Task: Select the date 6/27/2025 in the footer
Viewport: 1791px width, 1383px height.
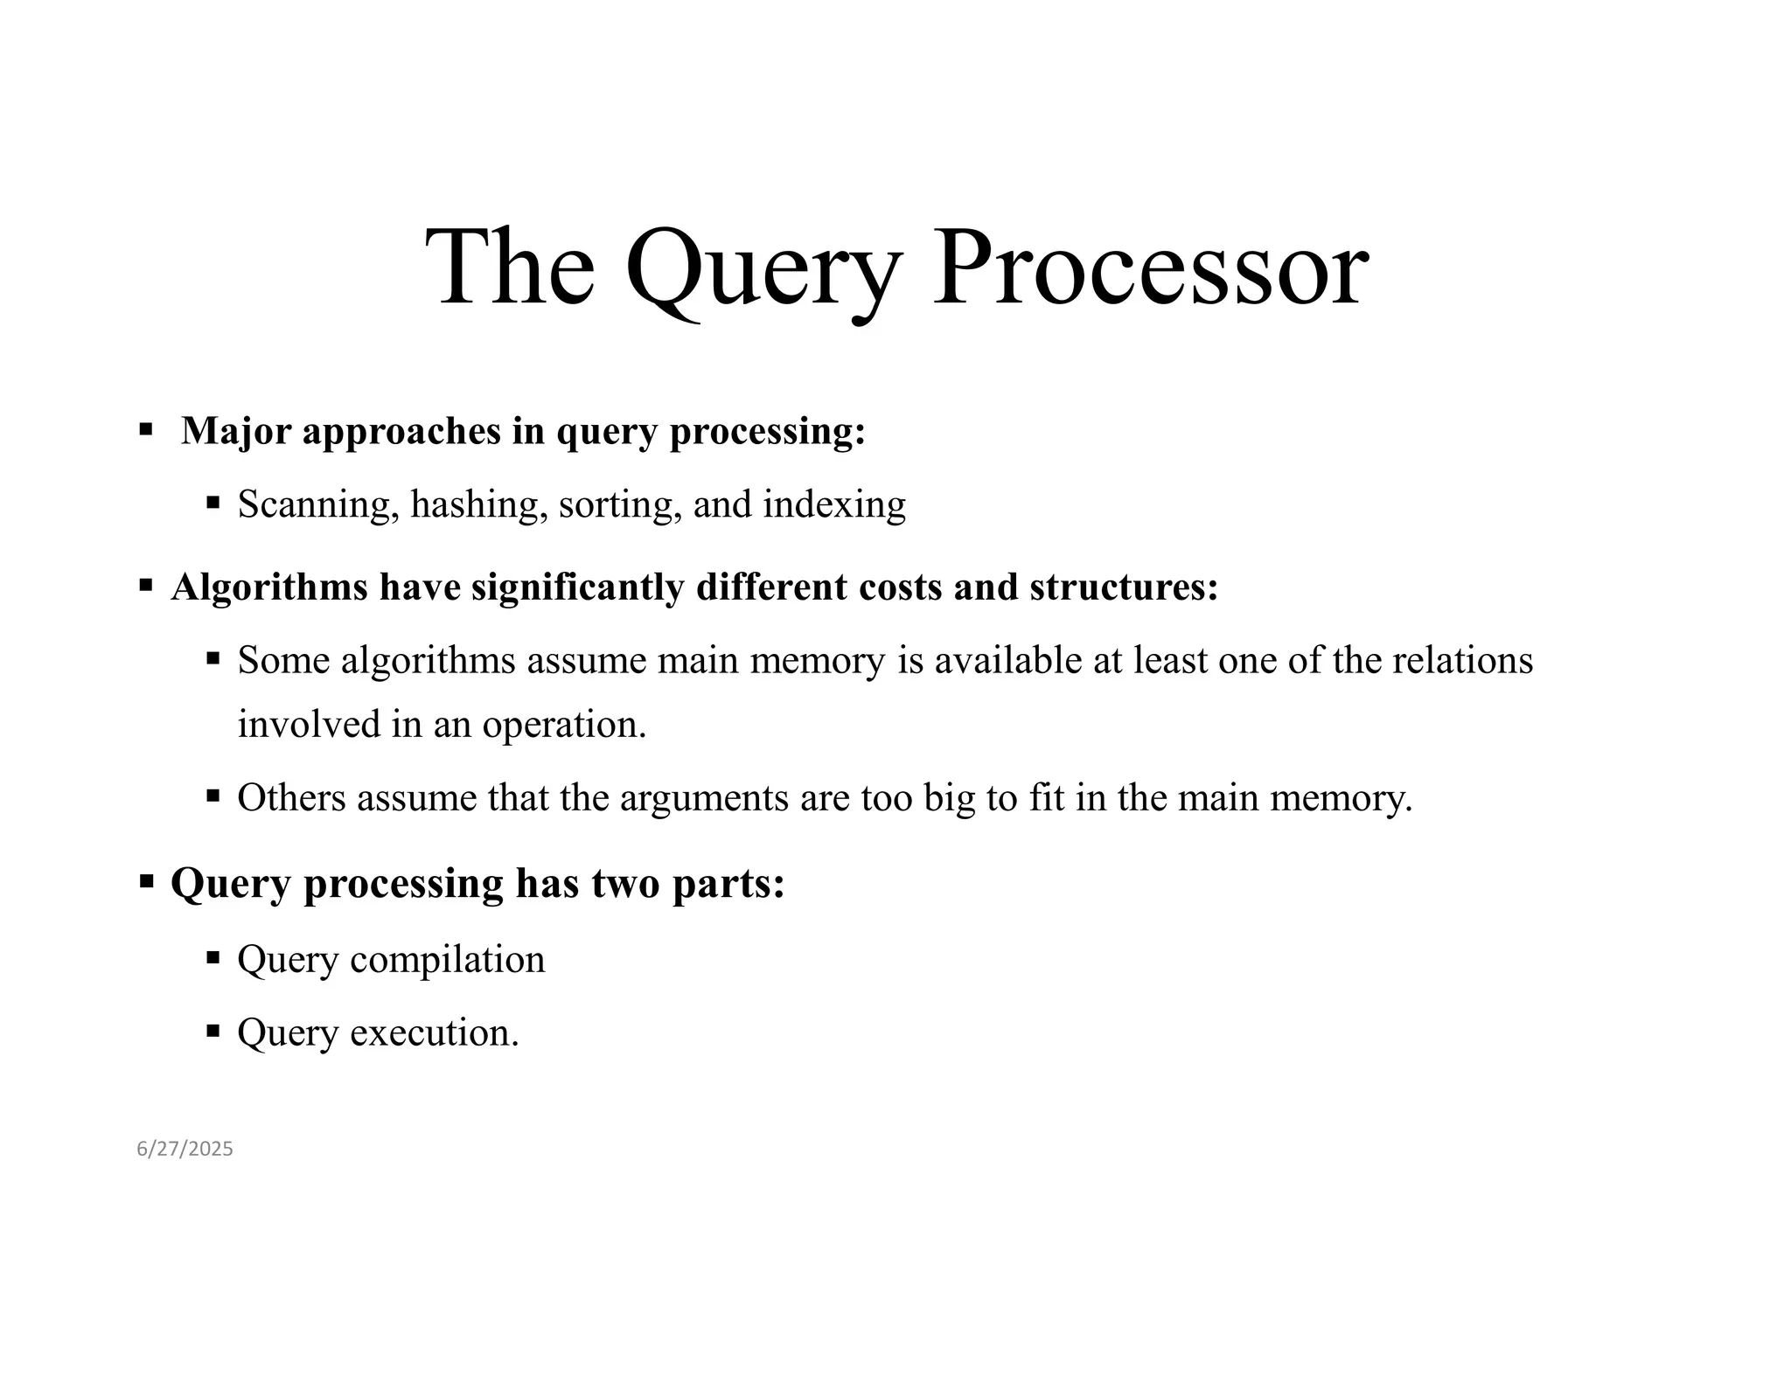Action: [185, 1149]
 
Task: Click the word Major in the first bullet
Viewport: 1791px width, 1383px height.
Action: [236, 431]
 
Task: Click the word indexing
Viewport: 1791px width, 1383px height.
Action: [834, 504]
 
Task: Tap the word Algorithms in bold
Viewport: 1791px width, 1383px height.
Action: [269, 587]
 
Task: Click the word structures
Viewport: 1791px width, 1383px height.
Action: [1123, 587]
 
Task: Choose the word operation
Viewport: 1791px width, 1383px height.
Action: [564, 725]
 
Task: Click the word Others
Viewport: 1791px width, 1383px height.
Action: [291, 798]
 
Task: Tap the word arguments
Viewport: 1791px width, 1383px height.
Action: [704, 798]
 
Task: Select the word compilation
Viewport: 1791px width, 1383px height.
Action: [447, 959]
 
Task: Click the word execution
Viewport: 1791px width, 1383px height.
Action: [435, 1032]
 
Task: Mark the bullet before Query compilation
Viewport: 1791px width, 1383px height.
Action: [213, 957]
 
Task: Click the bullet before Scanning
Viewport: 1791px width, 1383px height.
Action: [213, 503]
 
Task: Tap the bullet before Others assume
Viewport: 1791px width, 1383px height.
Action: [213, 796]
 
